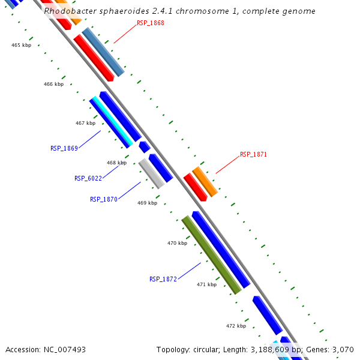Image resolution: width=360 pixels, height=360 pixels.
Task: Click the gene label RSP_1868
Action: [150, 23]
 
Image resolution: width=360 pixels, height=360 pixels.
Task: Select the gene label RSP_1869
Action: [64, 148]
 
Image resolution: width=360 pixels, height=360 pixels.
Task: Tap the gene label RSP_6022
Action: [88, 178]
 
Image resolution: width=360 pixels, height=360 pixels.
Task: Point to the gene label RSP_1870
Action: [104, 199]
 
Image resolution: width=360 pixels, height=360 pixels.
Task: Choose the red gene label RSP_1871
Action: [253, 154]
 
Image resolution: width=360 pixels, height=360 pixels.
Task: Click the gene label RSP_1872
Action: [163, 279]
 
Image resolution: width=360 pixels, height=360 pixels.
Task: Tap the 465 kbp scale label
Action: [22, 45]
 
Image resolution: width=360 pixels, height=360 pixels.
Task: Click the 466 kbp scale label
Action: [53, 84]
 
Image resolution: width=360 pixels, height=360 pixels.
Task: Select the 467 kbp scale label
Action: [85, 123]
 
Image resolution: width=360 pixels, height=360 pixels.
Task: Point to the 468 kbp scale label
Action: [116, 163]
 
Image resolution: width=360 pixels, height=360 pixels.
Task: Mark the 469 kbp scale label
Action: [147, 203]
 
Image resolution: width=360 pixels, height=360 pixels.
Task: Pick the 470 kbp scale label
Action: [177, 243]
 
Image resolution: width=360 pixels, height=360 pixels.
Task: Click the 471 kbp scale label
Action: [206, 284]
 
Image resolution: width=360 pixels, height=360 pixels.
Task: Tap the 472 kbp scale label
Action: [236, 326]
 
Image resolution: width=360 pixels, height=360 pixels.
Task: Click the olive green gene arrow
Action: [211, 255]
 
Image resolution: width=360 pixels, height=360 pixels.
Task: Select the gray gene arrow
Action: [151, 173]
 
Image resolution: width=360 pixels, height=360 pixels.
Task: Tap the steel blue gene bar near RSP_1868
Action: [103, 52]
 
